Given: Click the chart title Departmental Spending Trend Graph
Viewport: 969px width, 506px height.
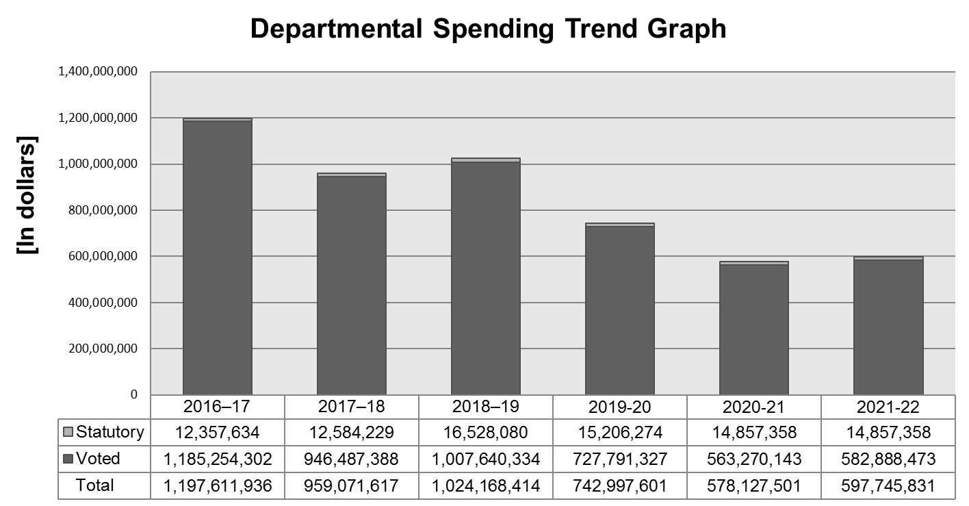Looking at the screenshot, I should tap(488, 29).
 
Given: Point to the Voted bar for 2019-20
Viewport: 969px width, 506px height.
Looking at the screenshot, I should tap(620, 311).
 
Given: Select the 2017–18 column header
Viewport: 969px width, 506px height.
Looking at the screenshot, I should tap(352, 407).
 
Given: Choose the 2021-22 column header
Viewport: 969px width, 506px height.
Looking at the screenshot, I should tap(888, 407).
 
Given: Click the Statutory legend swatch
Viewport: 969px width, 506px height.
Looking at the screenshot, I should tap(68, 432).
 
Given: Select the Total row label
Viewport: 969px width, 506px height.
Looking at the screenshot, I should tap(95, 485).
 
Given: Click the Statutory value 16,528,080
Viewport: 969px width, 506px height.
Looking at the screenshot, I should tap(486, 432).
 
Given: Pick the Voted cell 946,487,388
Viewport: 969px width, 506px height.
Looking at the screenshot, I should tap(352, 459).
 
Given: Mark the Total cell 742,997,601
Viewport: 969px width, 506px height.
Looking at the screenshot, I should tap(620, 486).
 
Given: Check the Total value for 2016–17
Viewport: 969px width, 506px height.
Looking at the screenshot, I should tap(218, 486).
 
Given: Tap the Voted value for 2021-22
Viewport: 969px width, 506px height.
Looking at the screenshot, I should tap(888, 459).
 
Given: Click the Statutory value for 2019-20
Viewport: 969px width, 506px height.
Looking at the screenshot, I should tap(620, 432).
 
